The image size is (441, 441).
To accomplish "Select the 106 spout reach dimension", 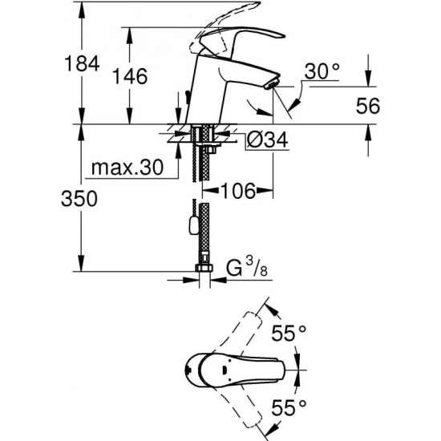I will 238,191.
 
